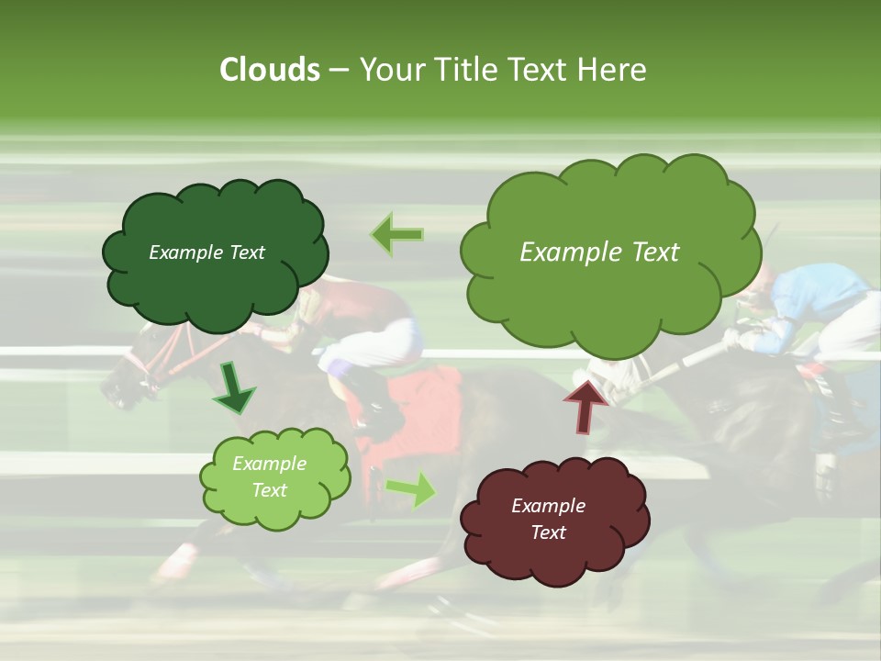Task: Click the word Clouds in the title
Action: [x=270, y=70]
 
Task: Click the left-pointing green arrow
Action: [x=397, y=235]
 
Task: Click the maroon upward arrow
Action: [x=586, y=404]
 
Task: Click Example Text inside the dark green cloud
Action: [x=206, y=252]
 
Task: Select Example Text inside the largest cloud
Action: [x=599, y=252]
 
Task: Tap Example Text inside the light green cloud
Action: [x=269, y=476]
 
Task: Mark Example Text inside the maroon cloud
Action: [x=548, y=519]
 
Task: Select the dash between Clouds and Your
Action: [x=339, y=71]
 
